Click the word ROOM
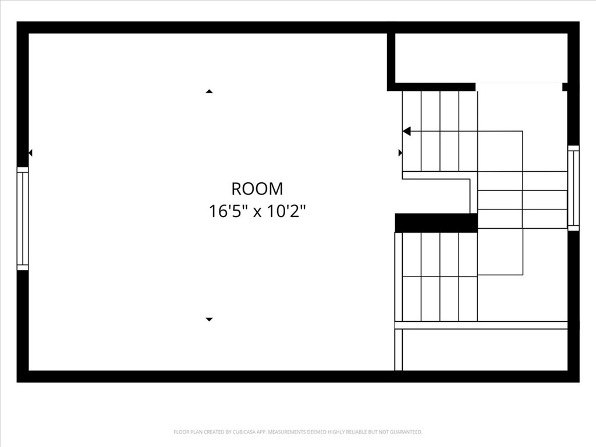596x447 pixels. (257, 189)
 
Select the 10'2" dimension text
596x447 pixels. (286, 211)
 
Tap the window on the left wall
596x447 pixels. (23, 219)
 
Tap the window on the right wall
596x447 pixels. (573, 188)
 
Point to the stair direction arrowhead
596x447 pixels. (407, 132)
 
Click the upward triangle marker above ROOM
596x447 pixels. (209, 91)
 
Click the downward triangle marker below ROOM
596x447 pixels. (209, 319)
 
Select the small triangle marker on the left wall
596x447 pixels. (30, 153)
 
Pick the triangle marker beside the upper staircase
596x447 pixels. (400, 153)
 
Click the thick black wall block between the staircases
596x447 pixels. (436, 223)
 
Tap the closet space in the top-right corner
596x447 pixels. (481, 58)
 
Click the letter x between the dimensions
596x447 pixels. (257, 211)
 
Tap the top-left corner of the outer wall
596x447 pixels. (23, 27)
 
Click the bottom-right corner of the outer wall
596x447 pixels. (573, 376)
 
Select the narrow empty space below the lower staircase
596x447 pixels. (485, 350)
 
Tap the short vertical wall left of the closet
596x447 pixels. (391, 58)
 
